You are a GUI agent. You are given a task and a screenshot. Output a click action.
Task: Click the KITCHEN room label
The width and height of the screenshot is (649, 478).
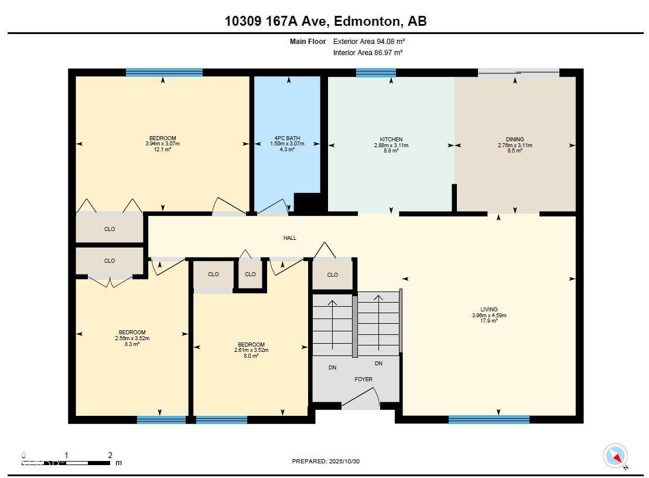tap(391, 140)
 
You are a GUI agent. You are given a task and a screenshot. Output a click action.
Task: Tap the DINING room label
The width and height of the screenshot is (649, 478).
tap(515, 140)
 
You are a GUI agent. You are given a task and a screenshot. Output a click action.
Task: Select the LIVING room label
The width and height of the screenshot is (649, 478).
tap(489, 309)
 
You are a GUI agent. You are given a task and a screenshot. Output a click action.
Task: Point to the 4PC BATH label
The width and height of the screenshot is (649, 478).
tap(288, 138)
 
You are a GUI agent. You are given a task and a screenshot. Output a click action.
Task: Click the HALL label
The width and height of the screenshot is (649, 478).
tap(290, 238)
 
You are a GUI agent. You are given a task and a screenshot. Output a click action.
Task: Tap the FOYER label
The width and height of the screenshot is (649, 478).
tap(363, 379)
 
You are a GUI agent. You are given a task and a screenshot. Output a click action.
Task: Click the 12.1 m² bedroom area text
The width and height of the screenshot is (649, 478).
tap(162, 150)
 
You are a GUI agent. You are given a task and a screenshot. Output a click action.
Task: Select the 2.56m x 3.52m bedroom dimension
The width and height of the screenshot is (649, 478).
tap(132, 338)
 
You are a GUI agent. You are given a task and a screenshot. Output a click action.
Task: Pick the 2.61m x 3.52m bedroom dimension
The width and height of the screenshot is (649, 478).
tap(251, 350)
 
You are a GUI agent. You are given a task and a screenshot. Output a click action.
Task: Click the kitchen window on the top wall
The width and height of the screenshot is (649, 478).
tap(375, 73)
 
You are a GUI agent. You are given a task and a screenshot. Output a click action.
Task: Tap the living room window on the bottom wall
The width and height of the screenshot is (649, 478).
tap(489, 419)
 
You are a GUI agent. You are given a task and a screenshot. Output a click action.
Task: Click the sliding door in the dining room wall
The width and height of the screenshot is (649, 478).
tap(518, 73)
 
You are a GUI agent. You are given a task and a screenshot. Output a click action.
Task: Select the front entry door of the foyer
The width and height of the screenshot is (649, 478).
tap(360, 401)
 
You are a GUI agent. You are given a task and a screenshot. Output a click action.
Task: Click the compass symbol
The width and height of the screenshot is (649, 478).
tap(616, 456)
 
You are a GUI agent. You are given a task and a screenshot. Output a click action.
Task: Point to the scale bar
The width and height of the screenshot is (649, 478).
tap(67, 463)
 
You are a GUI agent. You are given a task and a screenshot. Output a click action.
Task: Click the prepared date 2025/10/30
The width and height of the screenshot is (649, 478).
tap(326, 462)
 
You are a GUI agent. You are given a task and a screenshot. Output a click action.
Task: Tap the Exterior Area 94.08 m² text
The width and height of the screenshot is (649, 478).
tap(369, 42)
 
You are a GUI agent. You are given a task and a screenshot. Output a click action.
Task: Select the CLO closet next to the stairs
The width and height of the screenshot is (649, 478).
tap(333, 274)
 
